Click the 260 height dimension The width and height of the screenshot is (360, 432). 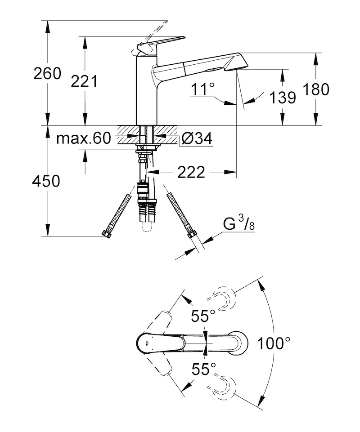click(x=47, y=74)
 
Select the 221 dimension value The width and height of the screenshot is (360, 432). click(x=84, y=81)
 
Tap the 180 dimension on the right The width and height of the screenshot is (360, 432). click(x=316, y=89)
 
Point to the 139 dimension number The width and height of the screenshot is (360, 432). click(x=283, y=98)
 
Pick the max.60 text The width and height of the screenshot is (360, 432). click(x=84, y=138)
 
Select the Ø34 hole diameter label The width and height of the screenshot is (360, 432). click(x=197, y=138)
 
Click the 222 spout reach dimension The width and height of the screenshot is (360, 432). click(x=191, y=172)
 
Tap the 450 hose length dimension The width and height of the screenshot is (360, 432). click(x=46, y=181)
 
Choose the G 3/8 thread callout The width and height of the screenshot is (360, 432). click(x=239, y=223)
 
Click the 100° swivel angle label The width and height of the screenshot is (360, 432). click(x=274, y=343)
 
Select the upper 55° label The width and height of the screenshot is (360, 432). click(x=203, y=316)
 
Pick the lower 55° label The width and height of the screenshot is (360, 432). click(x=204, y=369)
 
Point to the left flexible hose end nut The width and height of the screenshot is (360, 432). click(x=107, y=234)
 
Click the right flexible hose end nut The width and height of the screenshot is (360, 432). click(x=190, y=235)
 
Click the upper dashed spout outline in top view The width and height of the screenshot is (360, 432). click(x=220, y=299)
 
